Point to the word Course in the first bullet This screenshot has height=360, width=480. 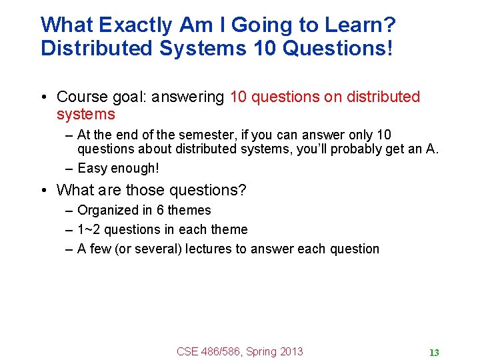[x=83, y=97]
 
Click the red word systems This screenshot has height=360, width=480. [x=85, y=115]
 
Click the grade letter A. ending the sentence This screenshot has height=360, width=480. [x=432, y=149]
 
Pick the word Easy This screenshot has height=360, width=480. [x=92, y=169]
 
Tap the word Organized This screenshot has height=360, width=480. [x=109, y=211]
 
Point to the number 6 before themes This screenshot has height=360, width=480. [x=160, y=211]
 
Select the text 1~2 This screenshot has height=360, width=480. [x=89, y=230]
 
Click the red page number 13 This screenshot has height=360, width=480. [x=434, y=353]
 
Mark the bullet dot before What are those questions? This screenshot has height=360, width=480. [x=43, y=191]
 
